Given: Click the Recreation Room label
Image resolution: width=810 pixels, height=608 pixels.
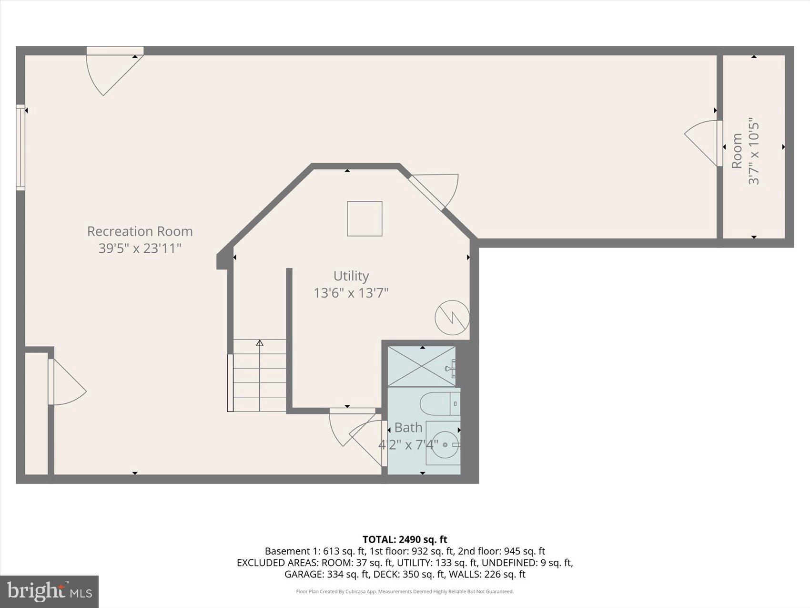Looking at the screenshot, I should tap(140, 231).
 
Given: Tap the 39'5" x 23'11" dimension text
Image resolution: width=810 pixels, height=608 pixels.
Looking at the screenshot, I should tap(140, 248).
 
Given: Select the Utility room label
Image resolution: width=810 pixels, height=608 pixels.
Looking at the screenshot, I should tap(351, 276).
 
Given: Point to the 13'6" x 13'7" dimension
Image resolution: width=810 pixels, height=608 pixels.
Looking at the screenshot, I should tap(351, 293).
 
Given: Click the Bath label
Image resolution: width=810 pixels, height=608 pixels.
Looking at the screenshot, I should tap(408, 427).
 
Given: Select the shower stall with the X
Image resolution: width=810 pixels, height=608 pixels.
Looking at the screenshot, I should tap(421, 366).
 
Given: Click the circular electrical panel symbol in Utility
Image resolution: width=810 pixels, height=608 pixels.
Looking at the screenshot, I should tap(452, 317).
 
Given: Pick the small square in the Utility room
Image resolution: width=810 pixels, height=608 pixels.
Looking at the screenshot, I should tap(364, 218).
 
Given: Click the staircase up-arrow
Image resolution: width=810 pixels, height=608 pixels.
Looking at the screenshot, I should tap(260, 343).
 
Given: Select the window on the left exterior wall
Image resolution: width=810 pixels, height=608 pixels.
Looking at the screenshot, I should tap(20, 147).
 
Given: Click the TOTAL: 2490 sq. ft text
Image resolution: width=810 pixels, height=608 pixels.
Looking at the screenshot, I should tap(405, 539).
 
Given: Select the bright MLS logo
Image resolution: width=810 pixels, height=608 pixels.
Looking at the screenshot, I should tap(49, 591).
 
